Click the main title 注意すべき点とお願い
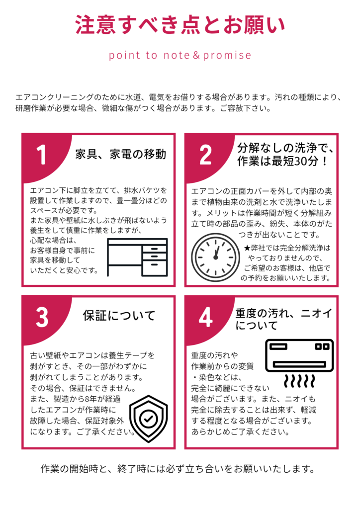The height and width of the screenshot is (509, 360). pos(180,25)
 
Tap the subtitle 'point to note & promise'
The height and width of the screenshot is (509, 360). pos(180,55)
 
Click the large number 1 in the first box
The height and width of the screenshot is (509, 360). pos(41,155)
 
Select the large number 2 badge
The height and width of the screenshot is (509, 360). pos(205,155)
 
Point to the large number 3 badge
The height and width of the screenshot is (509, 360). pos(42,317)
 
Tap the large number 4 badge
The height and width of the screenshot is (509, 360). pos(206,317)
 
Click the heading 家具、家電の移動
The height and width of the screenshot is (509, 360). pos(121,154)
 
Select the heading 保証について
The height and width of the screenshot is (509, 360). pos(119,316)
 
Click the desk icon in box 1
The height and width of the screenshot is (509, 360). pos(138,257)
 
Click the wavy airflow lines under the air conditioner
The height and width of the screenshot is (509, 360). pos(299,381)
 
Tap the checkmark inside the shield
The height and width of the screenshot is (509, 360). pos(149,419)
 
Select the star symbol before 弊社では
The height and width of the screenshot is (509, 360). pos(247,249)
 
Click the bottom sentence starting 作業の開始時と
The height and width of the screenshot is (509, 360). pos(178,469)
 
